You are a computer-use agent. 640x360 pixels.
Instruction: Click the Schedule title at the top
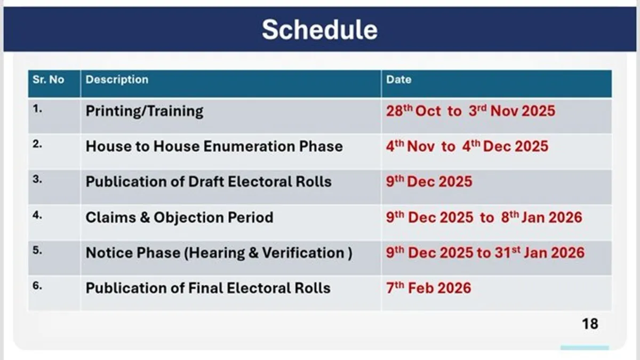click(x=319, y=29)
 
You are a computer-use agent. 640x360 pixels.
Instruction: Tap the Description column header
click(x=117, y=80)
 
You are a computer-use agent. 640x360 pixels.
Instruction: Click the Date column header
click(x=398, y=80)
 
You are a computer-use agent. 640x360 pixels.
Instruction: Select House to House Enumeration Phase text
click(x=214, y=147)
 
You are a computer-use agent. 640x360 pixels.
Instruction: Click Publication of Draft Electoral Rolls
click(x=209, y=182)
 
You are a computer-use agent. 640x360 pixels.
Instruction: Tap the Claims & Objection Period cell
click(x=179, y=218)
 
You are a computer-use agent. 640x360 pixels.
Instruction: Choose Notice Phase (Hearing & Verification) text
click(x=219, y=253)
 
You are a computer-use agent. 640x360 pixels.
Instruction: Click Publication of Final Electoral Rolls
click(x=208, y=289)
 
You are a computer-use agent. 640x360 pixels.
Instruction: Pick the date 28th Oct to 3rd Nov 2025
click(x=470, y=111)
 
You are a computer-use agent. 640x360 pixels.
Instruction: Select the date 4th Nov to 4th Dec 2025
click(x=467, y=146)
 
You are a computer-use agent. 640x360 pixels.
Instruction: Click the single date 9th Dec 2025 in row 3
click(x=429, y=181)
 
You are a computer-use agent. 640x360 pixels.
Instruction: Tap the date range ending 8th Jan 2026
click(x=484, y=217)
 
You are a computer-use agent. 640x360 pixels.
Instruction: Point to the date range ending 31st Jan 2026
click(x=485, y=252)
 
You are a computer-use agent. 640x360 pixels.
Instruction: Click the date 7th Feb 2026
click(x=428, y=288)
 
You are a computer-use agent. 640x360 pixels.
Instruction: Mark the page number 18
click(x=590, y=324)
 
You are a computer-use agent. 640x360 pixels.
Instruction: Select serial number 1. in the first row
click(x=37, y=108)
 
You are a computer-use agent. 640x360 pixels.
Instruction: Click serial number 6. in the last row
click(x=37, y=285)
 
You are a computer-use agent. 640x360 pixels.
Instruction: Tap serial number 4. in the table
click(x=37, y=214)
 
